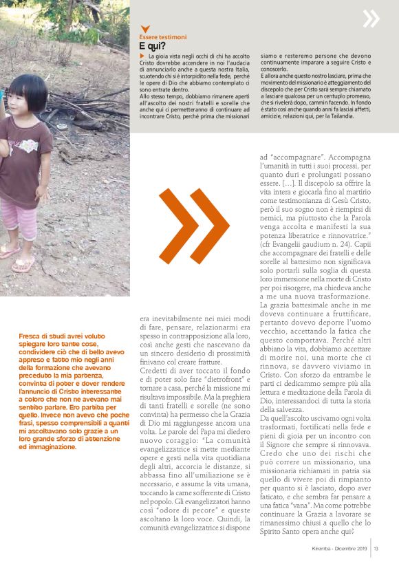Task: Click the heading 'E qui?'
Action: (x=152, y=45)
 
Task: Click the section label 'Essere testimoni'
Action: (x=162, y=36)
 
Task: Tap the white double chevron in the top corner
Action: (x=371, y=19)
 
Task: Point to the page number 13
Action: (x=377, y=547)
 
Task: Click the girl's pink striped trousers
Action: (x=19, y=219)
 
